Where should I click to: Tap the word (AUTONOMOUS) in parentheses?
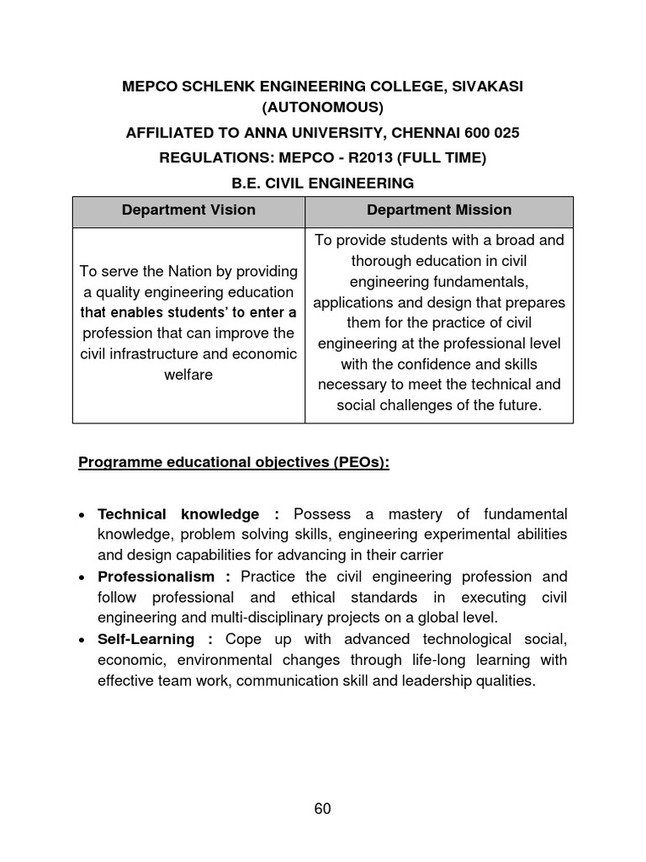pos(322,107)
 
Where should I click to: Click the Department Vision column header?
pos(188,210)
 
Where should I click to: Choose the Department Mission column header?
pos(439,210)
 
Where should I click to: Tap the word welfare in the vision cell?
pos(188,375)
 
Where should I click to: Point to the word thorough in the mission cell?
pos(383,260)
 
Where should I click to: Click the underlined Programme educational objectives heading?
pos(234,462)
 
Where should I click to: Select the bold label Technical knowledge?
pos(178,513)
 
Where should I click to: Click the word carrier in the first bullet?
pos(419,556)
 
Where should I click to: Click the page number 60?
pos(323,809)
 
